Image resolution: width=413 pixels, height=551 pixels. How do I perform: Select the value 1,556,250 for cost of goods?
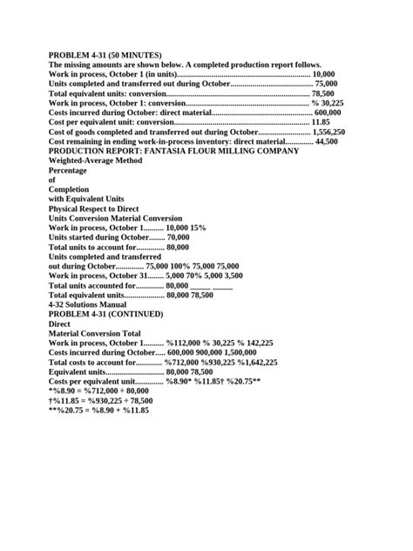tap(328, 132)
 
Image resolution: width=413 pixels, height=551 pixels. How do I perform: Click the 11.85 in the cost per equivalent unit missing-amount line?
tap(321, 122)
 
